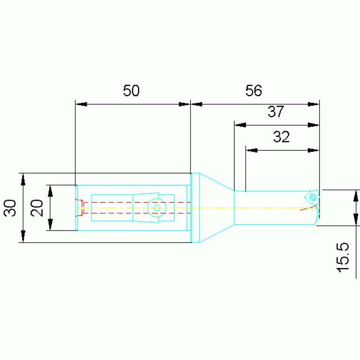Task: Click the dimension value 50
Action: click(131, 91)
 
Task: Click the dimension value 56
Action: click(253, 91)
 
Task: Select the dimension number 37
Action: click(276, 112)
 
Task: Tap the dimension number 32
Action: click(281, 137)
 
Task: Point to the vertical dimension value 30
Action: click(10, 208)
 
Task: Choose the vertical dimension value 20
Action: click(37, 208)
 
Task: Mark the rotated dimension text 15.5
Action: click(343, 257)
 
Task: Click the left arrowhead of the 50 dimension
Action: click(82, 104)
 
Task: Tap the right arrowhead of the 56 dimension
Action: click(314, 104)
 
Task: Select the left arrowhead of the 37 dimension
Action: click(240, 125)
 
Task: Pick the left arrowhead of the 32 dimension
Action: click(252, 150)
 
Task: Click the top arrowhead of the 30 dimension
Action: click(23, 179)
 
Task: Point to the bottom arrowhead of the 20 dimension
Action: click(50, 224)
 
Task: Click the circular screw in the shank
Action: click(157, 208)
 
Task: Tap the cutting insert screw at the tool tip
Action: click(313, 197)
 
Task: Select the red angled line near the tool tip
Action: click(308, 208)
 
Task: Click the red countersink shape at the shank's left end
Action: click(79, 207)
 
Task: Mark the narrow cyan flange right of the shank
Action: click(195, 208)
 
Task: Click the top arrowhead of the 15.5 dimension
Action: click(356, 196)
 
